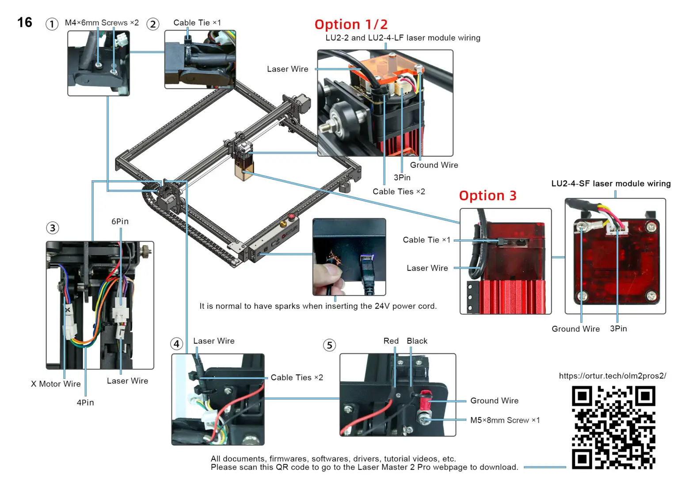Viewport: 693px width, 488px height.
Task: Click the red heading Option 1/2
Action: [351, 24]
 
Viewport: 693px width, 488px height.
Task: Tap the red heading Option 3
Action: [487, 196]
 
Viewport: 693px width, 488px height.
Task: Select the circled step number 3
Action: [53, 228]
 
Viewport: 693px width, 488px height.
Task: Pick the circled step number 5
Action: [329, 345]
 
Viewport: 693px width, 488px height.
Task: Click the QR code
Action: [613, 427]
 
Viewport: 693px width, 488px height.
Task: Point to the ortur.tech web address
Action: [612, 376]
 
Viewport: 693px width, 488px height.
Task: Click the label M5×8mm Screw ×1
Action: [505, 420]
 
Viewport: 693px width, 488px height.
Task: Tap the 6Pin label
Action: [120, 221]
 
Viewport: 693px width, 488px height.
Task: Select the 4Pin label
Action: [85, 402]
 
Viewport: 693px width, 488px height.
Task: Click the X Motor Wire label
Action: [56, 384]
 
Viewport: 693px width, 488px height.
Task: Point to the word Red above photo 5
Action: [391, 341]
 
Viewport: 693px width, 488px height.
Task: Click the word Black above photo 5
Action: [417, 341]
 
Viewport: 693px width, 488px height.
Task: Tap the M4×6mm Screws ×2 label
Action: [102, 23]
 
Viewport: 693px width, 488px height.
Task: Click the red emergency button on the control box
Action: [292, 216]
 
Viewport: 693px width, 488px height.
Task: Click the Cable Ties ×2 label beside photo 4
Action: [297, 378]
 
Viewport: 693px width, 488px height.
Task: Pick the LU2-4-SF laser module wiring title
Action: [611, 184]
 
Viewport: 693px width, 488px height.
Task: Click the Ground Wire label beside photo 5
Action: [494, 401]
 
